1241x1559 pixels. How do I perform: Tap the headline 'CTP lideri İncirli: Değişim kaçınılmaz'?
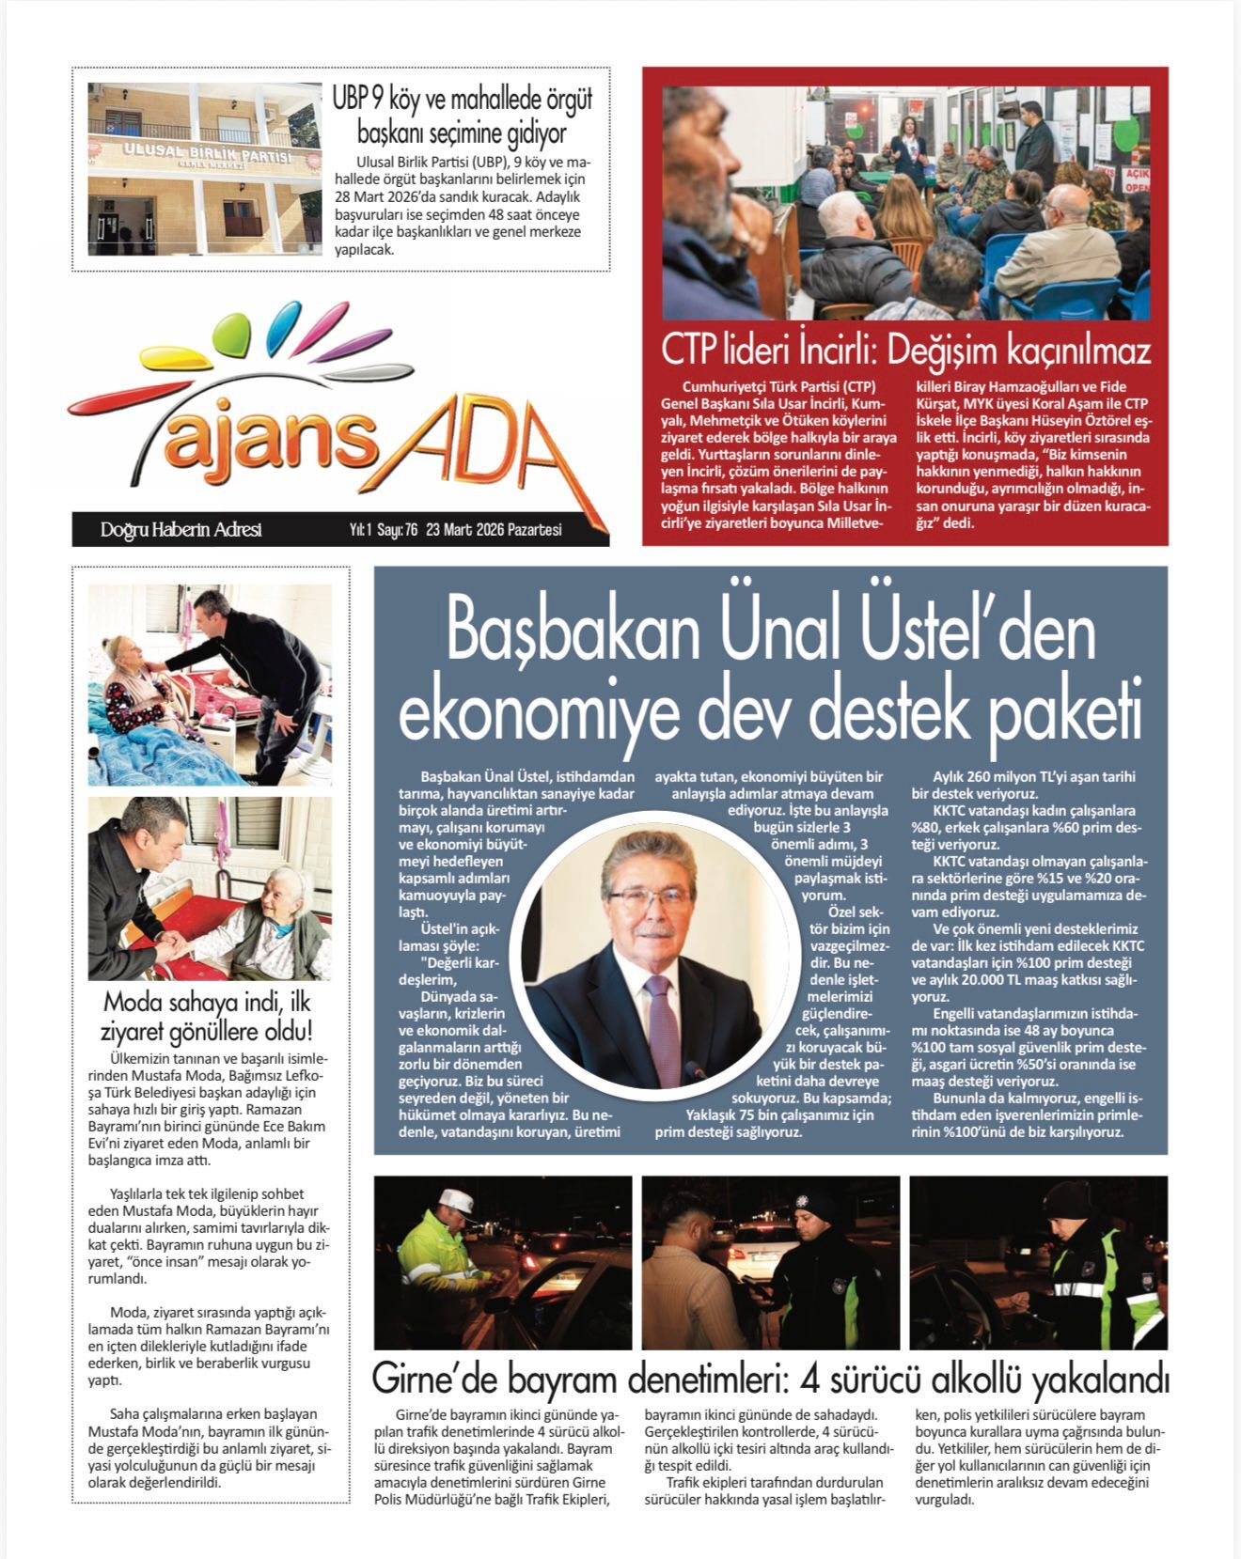905,351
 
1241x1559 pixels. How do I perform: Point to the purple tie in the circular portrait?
660,1024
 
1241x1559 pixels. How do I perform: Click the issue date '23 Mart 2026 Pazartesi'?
494,530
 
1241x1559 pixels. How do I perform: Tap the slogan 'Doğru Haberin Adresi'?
181,530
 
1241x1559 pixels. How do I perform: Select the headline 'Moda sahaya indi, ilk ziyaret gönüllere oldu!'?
208,1015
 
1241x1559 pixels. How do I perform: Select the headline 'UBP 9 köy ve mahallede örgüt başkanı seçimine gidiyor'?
462,115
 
